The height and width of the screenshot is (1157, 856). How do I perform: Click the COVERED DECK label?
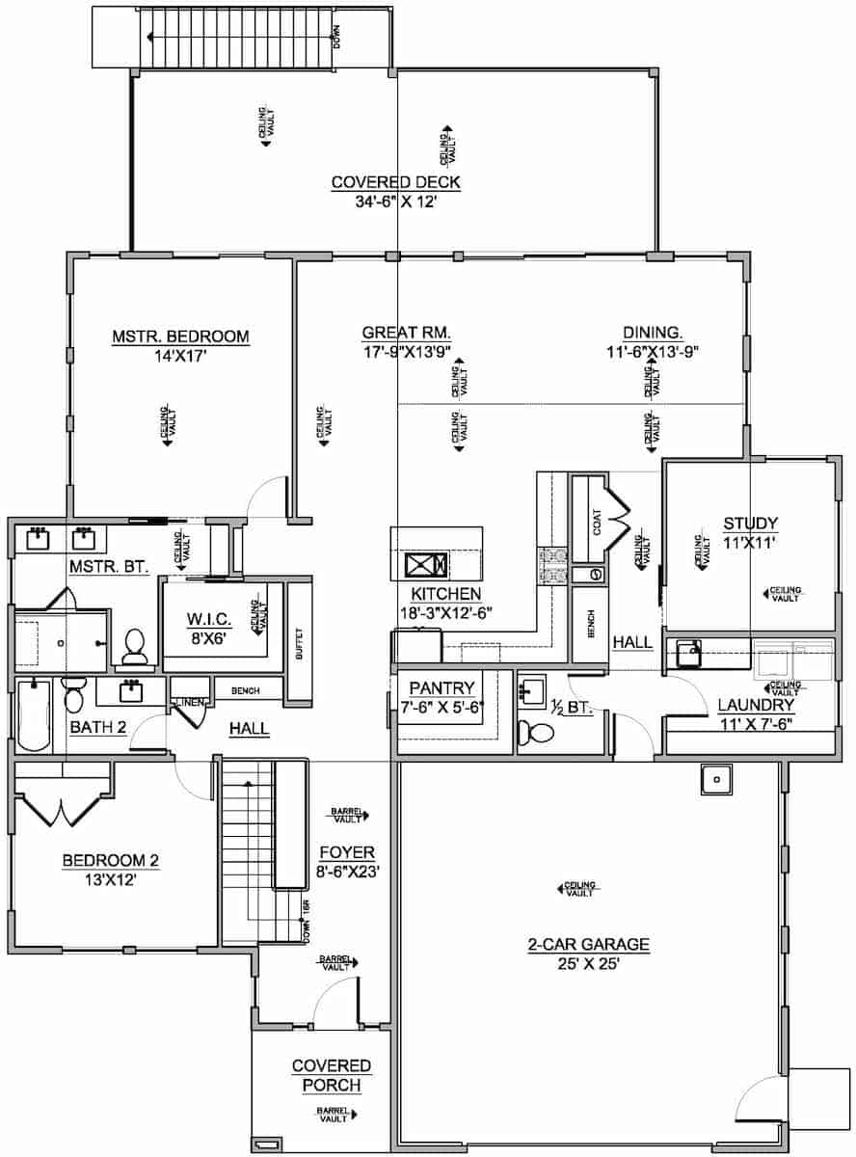[395, 182]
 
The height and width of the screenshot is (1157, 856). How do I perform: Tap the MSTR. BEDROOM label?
[180, 336]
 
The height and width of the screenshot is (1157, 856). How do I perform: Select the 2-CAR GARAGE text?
[588, 944]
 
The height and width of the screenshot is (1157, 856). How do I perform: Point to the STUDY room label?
[750, 524]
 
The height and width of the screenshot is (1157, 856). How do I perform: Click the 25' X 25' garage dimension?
[588, 963]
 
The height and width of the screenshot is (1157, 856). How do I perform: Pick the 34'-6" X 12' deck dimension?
[395, 202]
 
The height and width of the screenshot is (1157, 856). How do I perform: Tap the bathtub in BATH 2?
[35, 714]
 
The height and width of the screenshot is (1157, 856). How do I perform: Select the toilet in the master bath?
[134, 646]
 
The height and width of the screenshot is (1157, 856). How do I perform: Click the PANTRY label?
[441, 687]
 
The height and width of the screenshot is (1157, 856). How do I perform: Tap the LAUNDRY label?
[756, 705]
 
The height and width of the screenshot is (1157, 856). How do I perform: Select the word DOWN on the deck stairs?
[336, 37]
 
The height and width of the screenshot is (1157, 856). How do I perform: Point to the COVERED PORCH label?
[332, 1075]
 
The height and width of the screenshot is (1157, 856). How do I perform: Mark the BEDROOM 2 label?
[110, 861]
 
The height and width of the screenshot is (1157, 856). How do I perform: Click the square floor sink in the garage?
[715, 778]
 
